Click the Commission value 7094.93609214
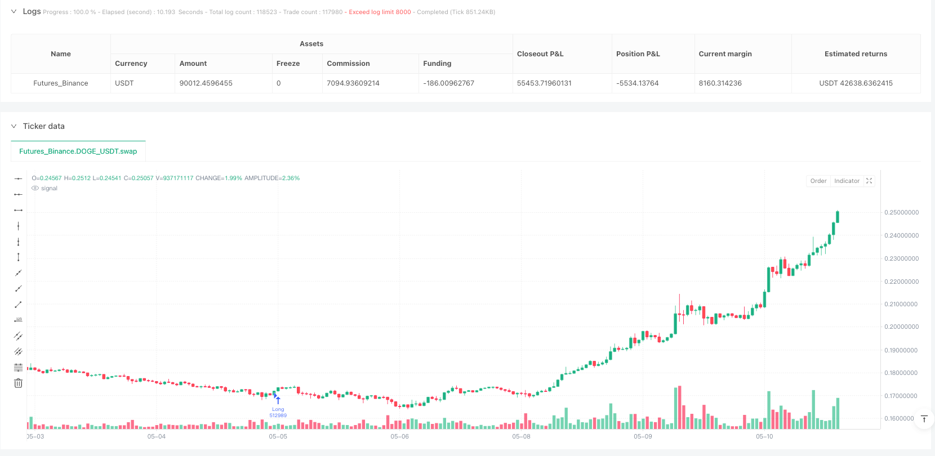tap(353, 83)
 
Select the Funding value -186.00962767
tap(448, 83)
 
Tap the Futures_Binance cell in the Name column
tap(61, 83)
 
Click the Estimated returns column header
tap(856, 54)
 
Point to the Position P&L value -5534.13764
tap(638, 83)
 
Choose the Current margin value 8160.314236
tap(720, 83)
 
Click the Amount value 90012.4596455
tap(206, 83)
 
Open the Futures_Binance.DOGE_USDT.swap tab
tap(78, 151)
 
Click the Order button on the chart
tap(818, 181)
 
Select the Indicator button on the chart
tap(847, 181)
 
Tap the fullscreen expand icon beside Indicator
tap(869, 181)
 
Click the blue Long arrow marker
tap(278, 400)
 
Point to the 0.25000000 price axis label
tap(901, 212)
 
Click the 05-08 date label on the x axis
tap(521, 437)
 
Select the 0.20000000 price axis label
tap(901, 327)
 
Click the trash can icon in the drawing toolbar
tap(18, 383)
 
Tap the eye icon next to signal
tap(35, 189)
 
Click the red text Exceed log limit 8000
tap(380, 12)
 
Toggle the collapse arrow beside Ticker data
tap(14, 126)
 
